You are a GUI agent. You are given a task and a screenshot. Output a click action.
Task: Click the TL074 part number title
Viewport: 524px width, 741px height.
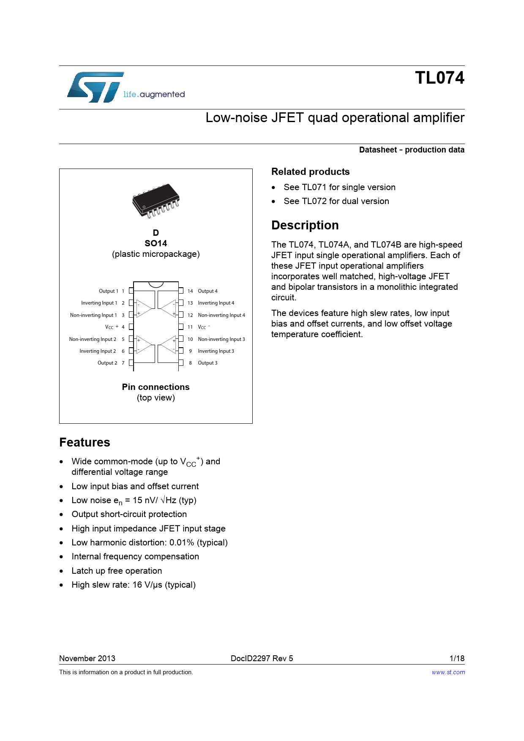tap(439, 78)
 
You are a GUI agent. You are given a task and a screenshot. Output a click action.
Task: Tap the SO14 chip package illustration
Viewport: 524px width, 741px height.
tap(156, 201)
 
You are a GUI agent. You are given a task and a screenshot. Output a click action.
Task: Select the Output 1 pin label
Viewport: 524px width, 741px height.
tap(108, 291)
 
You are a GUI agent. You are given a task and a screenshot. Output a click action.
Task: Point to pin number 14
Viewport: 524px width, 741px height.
tap(190, 291)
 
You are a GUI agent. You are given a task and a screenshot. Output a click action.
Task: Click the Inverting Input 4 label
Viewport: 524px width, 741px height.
tap(216, 303)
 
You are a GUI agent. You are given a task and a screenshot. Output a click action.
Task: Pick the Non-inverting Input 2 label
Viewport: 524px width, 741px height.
tap(93, 339)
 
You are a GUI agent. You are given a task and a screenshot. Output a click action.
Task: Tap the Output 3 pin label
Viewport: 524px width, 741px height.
tap(207, 363)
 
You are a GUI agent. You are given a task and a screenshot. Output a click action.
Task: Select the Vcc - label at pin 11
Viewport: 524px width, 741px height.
tap(203, 327)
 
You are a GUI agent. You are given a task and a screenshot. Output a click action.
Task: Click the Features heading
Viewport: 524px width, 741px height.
tap(85, 442)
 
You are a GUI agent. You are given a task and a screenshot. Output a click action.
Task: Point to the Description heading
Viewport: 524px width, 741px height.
tap(305, 225)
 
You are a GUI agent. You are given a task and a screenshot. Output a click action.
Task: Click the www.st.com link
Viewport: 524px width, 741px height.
tap(448, 672)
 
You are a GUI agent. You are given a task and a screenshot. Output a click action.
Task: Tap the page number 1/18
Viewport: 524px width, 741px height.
tap(457, 658)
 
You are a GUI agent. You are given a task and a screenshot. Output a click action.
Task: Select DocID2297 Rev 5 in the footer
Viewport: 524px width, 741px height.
tap(262, 658)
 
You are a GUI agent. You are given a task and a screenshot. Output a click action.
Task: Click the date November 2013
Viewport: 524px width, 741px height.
tap(87, 658)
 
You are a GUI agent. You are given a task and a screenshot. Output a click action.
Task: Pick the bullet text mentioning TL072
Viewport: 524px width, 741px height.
tap(336, 201)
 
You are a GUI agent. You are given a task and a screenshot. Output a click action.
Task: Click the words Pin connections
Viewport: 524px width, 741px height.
tap(156, 387)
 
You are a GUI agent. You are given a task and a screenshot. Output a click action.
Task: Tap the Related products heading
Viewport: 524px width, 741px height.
tap(310, 172)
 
